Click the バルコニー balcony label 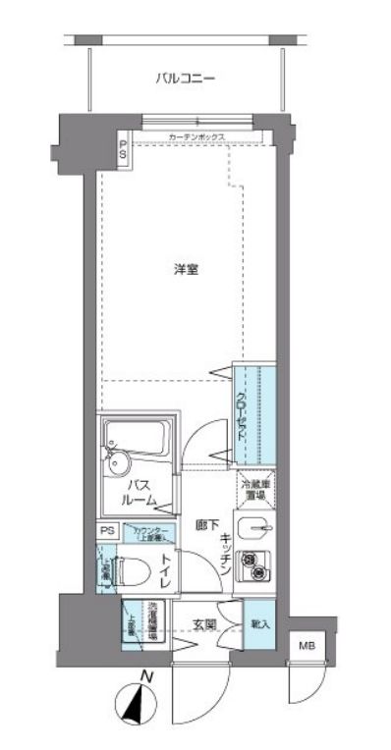[185, 78]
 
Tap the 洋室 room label [187, 269]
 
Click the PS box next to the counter [107, 532]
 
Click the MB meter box [307, 645]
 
